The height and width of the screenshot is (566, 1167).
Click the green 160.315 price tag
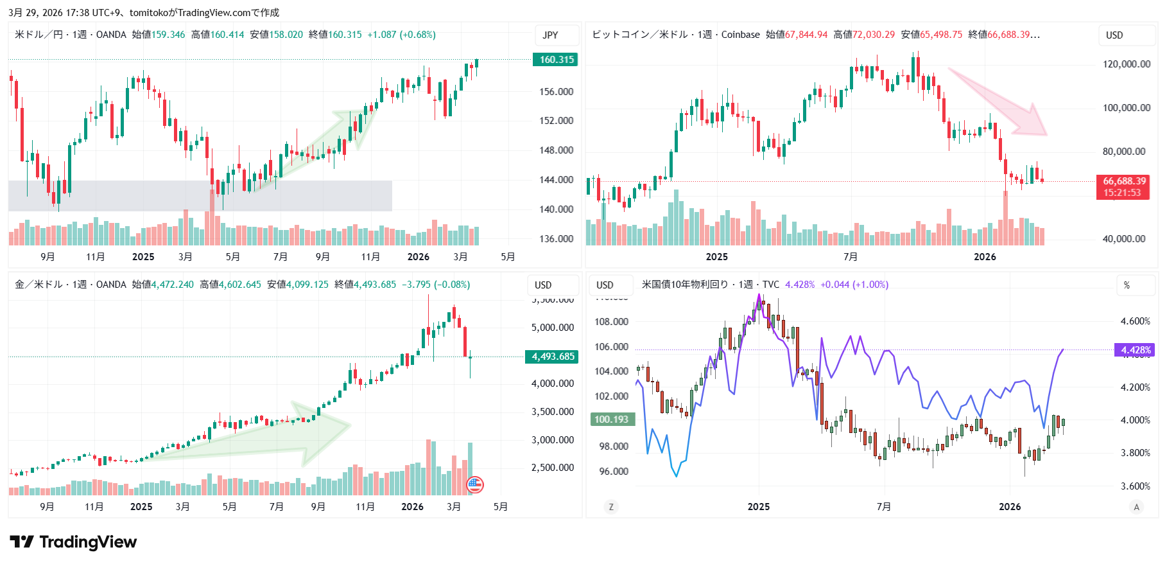tap(555, 60)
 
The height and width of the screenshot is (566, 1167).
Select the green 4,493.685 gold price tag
tap(552, 357)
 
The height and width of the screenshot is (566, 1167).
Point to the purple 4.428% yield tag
tap(1135, 350)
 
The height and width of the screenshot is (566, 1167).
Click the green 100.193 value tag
tap(611, 420)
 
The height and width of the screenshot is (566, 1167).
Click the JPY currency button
tap(551, 35)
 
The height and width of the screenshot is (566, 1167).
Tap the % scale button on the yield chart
tap(1127, 285)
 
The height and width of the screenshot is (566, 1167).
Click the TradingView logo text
tap(87, 542)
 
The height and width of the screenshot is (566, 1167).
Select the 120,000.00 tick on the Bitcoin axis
tap(1127, 64)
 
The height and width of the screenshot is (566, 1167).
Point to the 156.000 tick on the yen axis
tap(556, 92)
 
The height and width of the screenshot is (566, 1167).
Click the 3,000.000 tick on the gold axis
tap(552, 440)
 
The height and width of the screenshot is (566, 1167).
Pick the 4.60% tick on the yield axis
tap(1135, 321)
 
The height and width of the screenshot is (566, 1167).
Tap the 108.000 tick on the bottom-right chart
tap(611, 322)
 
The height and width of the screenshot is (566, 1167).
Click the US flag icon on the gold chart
tap(474, 484)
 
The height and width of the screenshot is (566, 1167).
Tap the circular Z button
tap(610, 507)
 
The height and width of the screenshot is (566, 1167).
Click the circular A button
tap(1136, 507)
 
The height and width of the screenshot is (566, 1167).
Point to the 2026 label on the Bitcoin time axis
tap(985, 257)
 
